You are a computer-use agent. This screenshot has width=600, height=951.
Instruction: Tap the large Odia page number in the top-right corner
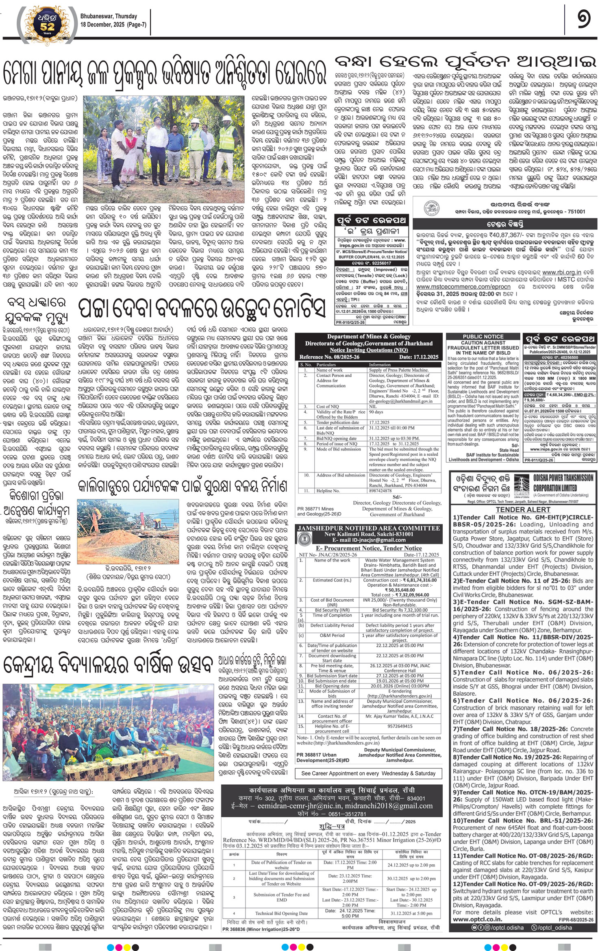coord(584,20)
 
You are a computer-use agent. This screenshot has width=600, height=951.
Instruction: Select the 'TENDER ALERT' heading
coord(523,509)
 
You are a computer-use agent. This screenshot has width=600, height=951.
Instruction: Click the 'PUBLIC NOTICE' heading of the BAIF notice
coord(483,336)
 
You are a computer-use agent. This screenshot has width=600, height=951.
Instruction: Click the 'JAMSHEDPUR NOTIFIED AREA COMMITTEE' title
coord(369,528)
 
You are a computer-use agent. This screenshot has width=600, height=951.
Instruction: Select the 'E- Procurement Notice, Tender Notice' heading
coord(369,548)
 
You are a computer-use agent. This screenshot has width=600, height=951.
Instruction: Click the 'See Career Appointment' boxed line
coord(368,773)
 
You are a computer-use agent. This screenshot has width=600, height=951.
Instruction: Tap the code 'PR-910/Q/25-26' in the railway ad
coord(350,322)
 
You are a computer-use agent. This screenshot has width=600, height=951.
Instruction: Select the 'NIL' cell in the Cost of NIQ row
coord(373,406)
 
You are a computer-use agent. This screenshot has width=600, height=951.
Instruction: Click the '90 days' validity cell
coord(376,412)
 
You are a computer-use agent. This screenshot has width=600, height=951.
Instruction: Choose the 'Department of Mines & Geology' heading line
coord(369,336)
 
